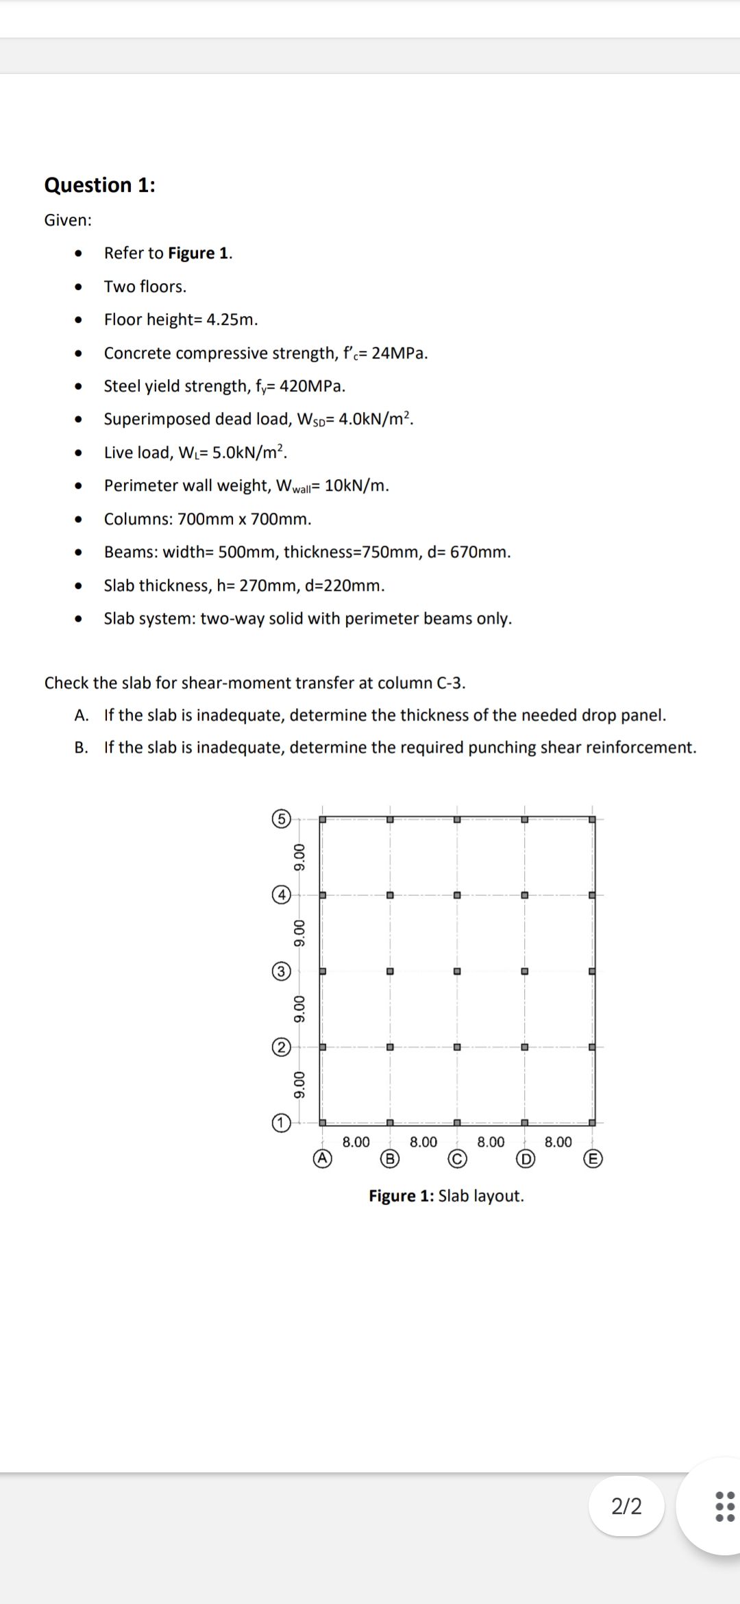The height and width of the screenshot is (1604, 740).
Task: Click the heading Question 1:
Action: click(99, 185)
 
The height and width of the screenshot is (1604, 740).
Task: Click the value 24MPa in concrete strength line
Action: click(399, 353)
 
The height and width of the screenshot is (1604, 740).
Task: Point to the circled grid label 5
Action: click(280, 818)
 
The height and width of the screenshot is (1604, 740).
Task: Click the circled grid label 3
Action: click(280, 971)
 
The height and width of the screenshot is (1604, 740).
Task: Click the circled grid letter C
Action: click(457, 1158)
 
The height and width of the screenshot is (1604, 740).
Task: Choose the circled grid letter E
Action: click(593, 1158)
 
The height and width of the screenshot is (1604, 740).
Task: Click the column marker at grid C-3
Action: click(457, 971)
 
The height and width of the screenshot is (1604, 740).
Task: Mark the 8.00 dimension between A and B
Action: click(356, 1142)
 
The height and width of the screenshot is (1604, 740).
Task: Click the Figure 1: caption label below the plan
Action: click(401, 1195)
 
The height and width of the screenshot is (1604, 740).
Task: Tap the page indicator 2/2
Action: click(626, 1506)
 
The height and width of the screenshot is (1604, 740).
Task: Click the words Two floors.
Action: click(145, 287)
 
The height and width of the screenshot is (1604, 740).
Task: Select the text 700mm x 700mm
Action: click(245, 519)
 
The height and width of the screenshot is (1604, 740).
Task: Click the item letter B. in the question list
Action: click(82, 747)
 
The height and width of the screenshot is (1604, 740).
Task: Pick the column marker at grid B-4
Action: click(389, 895)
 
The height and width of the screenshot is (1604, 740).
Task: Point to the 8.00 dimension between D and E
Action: click(558, 1142)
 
